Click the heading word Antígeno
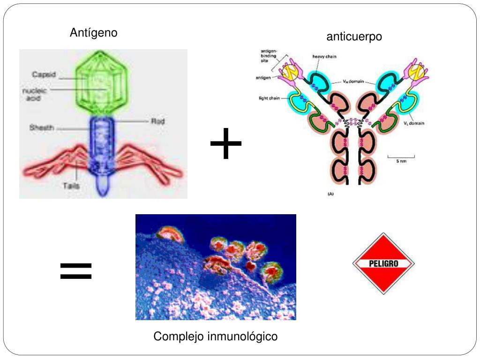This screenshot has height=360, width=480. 94,33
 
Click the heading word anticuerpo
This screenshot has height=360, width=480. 354,37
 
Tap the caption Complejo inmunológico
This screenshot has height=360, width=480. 216,336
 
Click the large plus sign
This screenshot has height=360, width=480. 226,143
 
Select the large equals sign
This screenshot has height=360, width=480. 76,271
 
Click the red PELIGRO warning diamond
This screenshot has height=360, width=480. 383,263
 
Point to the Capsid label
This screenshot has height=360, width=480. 44,75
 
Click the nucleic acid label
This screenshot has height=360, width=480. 35,95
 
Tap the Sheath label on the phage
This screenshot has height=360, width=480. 42,127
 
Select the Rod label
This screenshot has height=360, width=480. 157,121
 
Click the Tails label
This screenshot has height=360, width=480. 71,186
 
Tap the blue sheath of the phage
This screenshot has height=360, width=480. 103,141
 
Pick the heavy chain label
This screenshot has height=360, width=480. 324,57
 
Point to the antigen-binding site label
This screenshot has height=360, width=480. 269,56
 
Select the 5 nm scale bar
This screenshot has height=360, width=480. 401,158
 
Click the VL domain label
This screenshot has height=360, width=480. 414,123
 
